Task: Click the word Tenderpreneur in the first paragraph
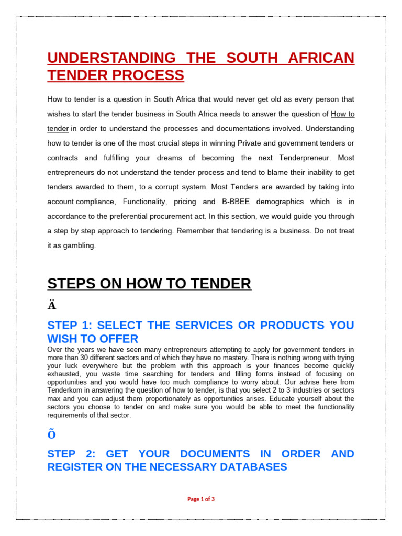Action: point(295,158)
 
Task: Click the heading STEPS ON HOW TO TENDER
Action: point(149,284)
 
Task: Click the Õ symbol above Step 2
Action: point(51,434)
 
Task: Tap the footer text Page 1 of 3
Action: point(201,499)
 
